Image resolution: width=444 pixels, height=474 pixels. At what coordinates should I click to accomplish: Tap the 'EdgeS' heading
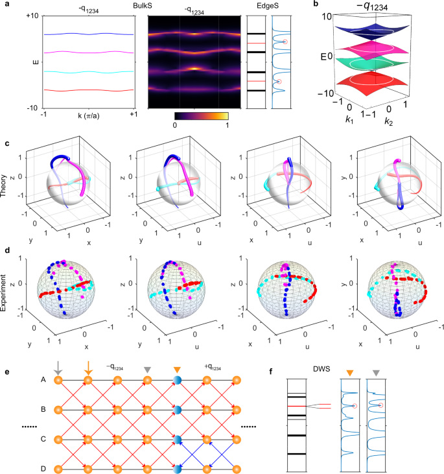pos(267,6)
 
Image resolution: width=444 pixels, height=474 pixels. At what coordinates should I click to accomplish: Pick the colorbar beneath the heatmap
pos(202,115)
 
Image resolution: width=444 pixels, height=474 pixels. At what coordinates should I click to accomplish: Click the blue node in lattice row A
pos(178,381)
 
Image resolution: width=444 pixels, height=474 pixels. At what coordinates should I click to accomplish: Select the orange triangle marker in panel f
pos(350,372)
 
